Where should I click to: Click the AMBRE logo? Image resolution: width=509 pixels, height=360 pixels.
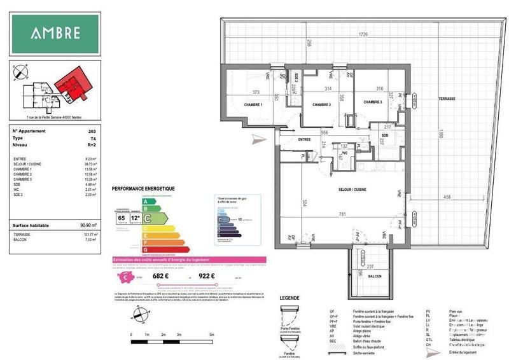click(55, 33)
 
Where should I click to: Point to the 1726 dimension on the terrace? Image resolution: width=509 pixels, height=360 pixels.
click(363, 34)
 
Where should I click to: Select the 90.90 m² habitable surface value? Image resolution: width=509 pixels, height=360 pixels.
click(87, 225)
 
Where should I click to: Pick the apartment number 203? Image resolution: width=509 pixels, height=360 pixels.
click(92, 130)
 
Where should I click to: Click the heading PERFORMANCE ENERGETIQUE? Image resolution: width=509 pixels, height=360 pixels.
click(143, 190)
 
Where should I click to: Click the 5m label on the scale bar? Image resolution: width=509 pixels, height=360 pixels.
click(211, 335)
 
